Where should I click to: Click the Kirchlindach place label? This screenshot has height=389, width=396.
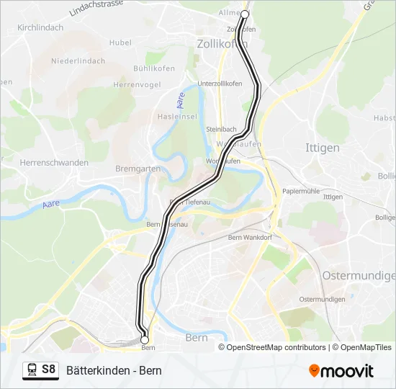click(x=40, y=27)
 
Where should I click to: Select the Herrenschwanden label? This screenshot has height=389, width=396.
click(x=54, y=163)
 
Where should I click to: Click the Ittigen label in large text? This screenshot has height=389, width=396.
click(x=323, y=148)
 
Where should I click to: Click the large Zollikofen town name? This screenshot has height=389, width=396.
click(x=222, y=45)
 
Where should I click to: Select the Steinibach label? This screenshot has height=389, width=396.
click(x=220, y=128)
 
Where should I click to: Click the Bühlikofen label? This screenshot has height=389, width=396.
click(x=150, y=69)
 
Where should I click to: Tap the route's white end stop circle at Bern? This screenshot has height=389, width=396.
click(x=145, y=339)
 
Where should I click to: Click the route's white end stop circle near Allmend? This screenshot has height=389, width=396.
click(x=244, y=14)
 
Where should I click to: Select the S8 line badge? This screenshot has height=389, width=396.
click(x=48, y=370)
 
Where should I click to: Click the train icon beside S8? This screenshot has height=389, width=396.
click(x=32, y=370)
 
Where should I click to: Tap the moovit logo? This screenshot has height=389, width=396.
click(x=341, y=370)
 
